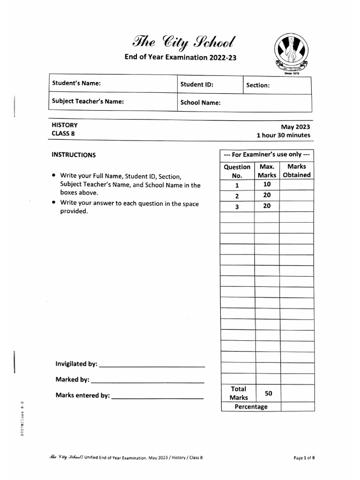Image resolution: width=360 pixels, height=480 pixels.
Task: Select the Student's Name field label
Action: click(76, 83)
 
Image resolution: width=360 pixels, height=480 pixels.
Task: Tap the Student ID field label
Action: click(197, 85)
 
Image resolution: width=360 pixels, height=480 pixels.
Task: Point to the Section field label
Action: click(258, 85)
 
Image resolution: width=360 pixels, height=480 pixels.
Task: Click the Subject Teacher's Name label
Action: click(88, 101)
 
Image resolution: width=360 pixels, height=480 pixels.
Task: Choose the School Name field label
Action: click(201, 103)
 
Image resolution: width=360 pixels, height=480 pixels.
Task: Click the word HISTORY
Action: click(65, 125)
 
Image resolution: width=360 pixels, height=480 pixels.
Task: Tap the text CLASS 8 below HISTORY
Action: click(63, 134)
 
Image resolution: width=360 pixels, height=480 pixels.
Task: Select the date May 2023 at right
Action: click(295, 127)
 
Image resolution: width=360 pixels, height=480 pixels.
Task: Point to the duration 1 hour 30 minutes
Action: click(283, 135)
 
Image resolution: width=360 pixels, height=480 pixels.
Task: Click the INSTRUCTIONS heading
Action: click(74, 155)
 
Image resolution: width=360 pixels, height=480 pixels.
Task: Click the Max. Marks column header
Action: click(267, 171)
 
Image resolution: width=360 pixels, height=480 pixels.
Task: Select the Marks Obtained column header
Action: click(297, 171)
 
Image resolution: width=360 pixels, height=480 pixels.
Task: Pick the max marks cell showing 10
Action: click(267, 184)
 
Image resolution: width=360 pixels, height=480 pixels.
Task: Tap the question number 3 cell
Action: click(237, 206)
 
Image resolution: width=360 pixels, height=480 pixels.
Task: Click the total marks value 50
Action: click(268, 393)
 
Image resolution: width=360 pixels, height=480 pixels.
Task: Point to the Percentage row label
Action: click(251, 406)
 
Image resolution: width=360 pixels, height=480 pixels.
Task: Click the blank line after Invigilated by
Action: click(152, 365)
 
